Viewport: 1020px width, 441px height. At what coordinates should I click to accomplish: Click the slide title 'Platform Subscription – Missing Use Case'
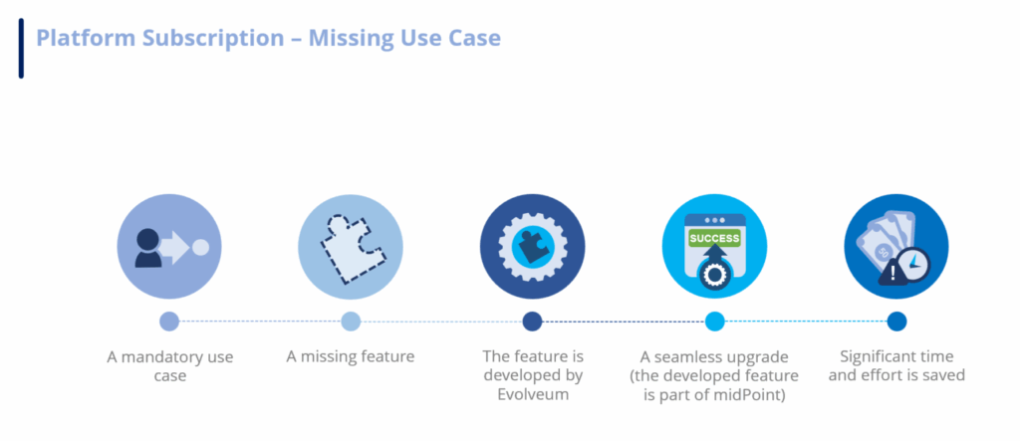[268, 39]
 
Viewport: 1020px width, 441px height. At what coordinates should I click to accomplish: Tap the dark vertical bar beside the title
[21, 47]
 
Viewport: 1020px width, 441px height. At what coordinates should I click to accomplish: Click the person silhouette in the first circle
[148, 247]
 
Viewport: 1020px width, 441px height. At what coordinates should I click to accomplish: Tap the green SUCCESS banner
[714, 239]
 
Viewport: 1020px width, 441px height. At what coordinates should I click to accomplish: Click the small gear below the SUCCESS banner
[714, 275]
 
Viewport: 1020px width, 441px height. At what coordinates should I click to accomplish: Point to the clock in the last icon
[914, 263]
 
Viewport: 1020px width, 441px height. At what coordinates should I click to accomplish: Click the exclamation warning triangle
[891, 272]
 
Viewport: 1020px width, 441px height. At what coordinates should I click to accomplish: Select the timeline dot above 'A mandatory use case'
[169, 322]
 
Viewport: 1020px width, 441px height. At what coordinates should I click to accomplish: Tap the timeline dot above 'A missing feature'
[351, 322]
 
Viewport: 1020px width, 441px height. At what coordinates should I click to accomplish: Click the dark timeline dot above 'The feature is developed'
[532, 322]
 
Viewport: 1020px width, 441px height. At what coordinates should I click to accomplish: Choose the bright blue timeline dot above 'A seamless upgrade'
[714, 322]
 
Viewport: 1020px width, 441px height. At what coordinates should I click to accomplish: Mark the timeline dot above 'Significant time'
[896, 322]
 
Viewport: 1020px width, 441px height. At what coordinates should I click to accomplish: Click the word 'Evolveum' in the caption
[532, 394]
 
